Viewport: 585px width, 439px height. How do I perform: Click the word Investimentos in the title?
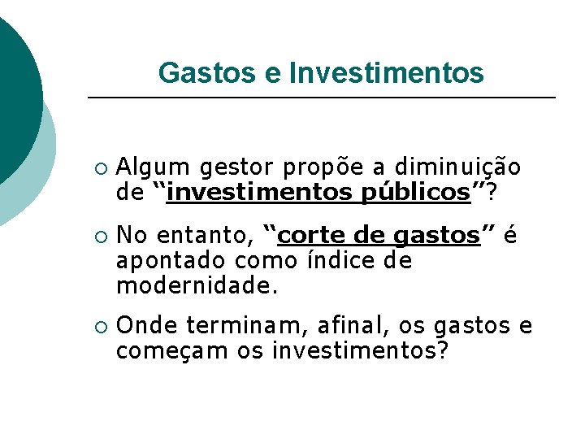click(386, 73)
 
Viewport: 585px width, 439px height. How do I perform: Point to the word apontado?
click(171, 262)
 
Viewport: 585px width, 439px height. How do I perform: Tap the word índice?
click(334, 262)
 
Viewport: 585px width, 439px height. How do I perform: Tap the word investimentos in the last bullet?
click(357, 351)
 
